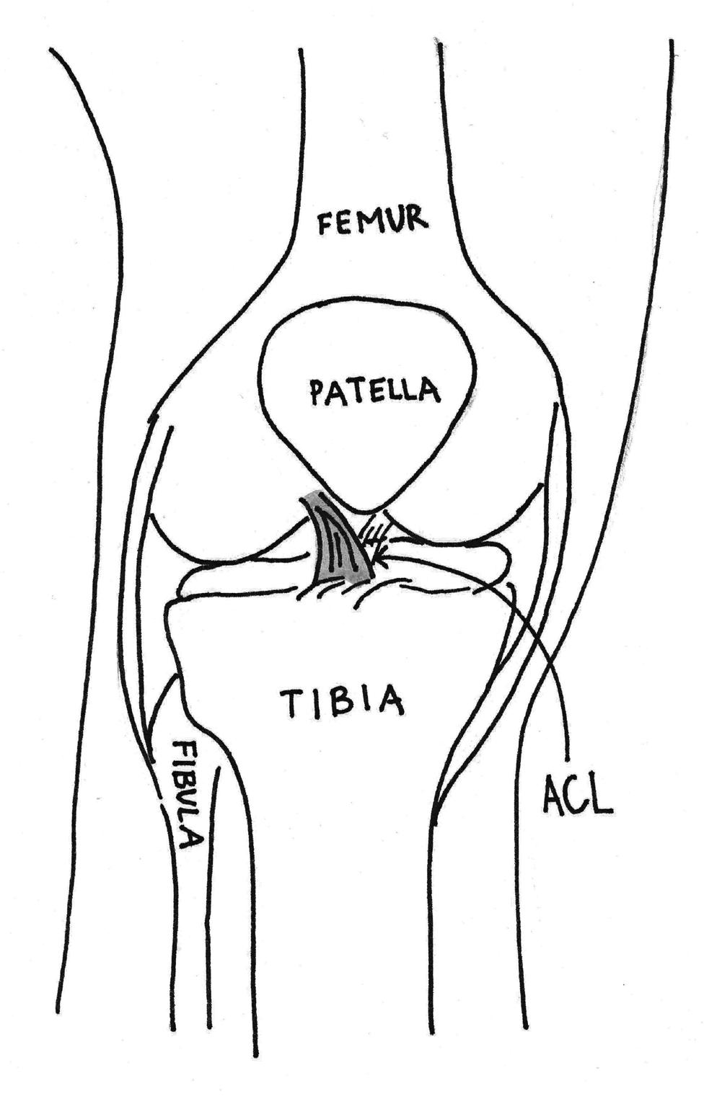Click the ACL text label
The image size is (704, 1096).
[x=576, y=794]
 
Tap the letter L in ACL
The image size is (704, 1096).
[x=602, y=796]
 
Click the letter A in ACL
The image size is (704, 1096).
[x=552, y=794]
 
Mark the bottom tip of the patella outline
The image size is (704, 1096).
[x=361, y=511]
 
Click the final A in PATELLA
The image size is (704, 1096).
[x=430, y=391]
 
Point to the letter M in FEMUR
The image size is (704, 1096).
[x=372, y=223]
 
